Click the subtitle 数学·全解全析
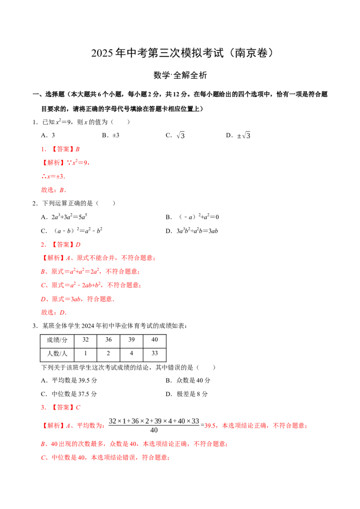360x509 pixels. (180, 75)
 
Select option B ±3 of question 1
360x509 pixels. (111, 135)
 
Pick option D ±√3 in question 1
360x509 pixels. (238, 135)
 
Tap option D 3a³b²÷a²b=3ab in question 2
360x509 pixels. (192, 231)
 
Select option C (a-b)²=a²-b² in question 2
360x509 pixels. (72, 231)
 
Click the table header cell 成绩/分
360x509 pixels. (57, 340)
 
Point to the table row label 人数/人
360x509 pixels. (57, 353)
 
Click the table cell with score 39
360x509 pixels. (131, 340)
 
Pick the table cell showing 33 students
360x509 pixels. (155, 353)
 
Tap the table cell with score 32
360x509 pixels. (85, 340)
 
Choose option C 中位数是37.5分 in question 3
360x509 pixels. (69, 394)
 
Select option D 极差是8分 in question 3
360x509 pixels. (186, 394)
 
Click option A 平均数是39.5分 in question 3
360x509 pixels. (69, 380)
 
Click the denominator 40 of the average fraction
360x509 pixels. (154, 430)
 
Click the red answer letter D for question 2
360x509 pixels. (78, 245)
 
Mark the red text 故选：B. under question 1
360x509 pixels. (54, 190)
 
